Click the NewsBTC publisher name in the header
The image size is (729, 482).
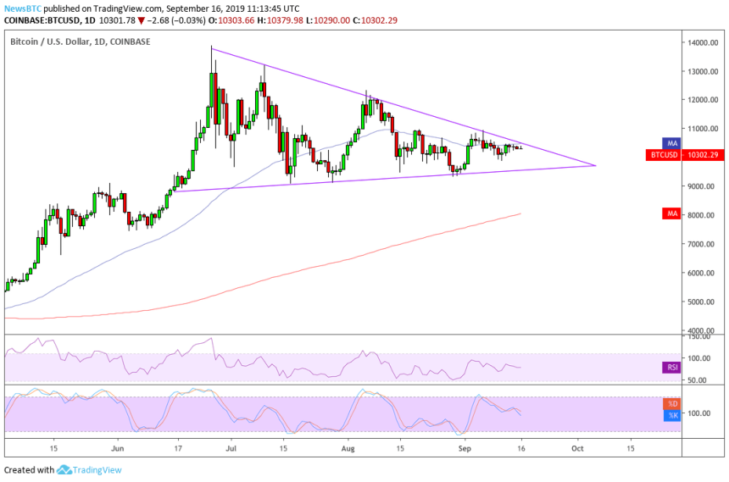click(21, 7)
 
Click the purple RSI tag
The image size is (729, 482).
click(670, 368)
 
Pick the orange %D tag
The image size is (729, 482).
click(671, 403)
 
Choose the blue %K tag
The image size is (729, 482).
click(671, 414)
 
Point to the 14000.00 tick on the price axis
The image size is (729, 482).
click(702, 42)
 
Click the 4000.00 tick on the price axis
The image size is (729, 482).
click(700, 330)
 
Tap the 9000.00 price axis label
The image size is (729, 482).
click(700, 186)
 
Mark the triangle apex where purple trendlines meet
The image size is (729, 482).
click(597, 165)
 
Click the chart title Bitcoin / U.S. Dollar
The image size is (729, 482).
click(59, 41)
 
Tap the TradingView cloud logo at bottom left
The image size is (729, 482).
click(64, 470)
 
